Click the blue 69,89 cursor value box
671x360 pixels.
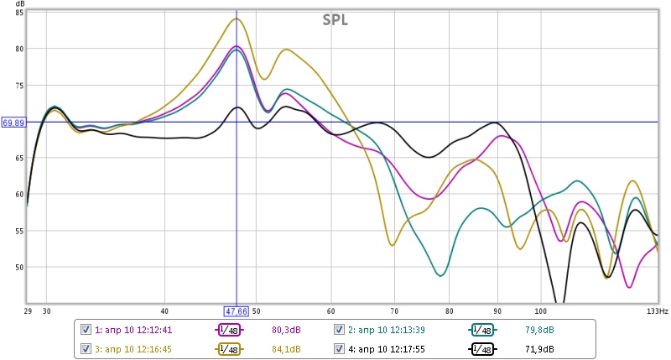pyautogui.click(x=13, y=123)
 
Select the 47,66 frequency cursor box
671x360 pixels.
pyautogui.click(x=236, y=310)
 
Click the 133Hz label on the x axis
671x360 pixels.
pyautogui.click(x=657, y=310)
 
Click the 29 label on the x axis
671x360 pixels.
pyautogui.click(x=29, y=310)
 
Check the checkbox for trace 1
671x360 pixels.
pyautogui.click(x=85, y=329)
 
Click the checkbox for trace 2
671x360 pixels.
pyautogui.click(x=340, y=329)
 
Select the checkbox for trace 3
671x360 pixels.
pyautogui.click(x=85, y=348)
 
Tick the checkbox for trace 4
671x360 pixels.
pyautogui.click(x=340, y=348)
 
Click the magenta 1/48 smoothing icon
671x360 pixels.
pyautogui.click(x=229, y=329)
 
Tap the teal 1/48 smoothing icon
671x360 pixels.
pyautogui.click(x=482, y=329)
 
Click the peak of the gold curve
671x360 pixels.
pyautogui.click(x=237, y=19)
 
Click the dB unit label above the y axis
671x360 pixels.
pyautogui.click(x=20, y=4)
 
